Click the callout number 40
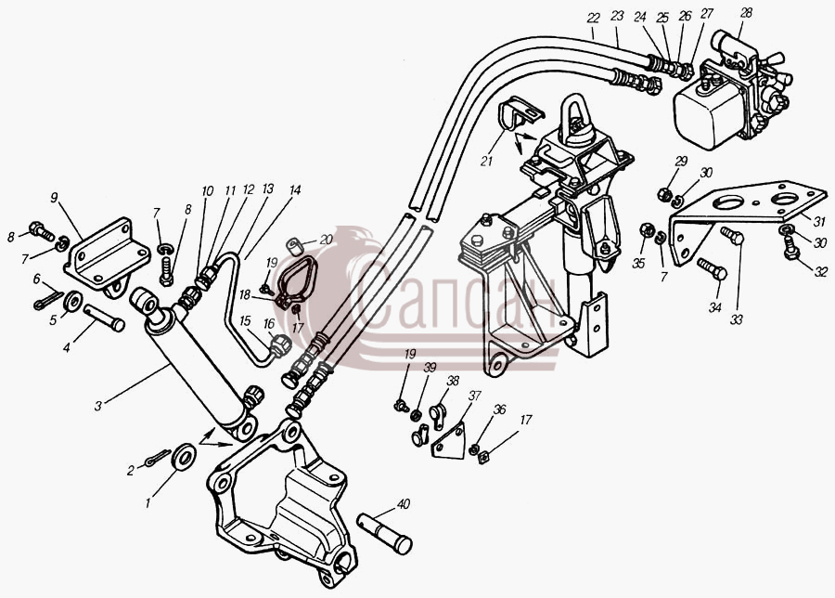point(404,503)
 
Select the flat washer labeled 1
point(184,456)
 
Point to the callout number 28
point(746,13)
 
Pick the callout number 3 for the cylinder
point(98,406)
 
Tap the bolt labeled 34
point(712,268)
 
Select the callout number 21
point(486,161)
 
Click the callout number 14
point(295,189)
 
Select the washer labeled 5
point(72,302)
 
